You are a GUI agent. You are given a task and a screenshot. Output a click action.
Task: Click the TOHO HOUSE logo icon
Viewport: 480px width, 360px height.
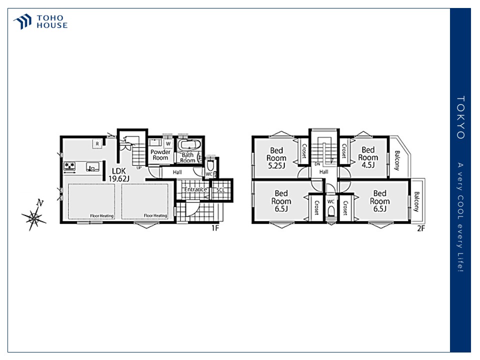tap(22, 21)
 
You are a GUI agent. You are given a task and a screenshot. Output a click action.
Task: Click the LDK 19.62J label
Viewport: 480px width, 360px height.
tap(119, 175)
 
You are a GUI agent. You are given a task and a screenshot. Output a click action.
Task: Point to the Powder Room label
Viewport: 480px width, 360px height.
tap(160, 155)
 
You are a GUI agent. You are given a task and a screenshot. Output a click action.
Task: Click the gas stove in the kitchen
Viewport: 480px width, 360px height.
tap(69, 166)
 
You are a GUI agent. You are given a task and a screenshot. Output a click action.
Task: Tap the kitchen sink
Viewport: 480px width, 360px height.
tap(92, 167)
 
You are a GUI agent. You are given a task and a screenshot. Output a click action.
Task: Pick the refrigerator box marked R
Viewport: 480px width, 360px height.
tap(97, 144)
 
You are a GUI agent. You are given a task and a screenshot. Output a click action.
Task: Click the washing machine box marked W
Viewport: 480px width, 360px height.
tap(168, 143)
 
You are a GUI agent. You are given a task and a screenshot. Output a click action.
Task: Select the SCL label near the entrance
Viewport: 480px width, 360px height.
tap(220, 190)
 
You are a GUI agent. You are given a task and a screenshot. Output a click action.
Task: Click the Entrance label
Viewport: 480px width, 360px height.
tap(195, 189)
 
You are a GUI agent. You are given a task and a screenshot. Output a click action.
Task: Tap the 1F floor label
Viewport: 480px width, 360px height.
tap(215, 228)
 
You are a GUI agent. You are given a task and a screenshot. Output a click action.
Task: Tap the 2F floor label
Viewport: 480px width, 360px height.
tap(421, 228)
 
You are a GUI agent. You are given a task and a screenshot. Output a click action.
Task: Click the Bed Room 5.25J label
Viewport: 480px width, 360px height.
tap(276, 158)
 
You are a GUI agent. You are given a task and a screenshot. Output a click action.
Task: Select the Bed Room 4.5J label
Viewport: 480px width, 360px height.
tap(368, 157)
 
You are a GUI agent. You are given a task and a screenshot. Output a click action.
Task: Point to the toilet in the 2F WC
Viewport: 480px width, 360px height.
tap(331, 211)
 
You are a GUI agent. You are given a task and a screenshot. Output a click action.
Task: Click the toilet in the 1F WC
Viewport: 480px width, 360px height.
tap(210, 165)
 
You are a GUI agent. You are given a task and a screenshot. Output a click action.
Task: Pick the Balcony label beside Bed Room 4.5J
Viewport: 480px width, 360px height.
tap(397, 160)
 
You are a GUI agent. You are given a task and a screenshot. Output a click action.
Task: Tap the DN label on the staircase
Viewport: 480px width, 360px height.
tap(317, 164)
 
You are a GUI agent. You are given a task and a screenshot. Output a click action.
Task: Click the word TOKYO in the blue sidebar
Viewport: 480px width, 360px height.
tap(460, 117)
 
